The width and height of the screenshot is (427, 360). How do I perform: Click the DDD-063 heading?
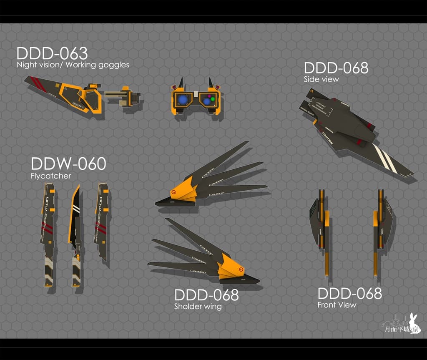click(x=52, y=54)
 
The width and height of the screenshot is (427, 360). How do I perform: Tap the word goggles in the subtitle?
click(x=113, y=65)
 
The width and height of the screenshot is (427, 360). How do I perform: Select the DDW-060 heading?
click(x=68, y=164)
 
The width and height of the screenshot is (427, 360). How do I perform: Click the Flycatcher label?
click(x=51, y=176)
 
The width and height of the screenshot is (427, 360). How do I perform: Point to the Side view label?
click(x=321, y=79)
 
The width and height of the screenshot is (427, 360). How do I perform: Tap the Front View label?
click(x=337, y=305)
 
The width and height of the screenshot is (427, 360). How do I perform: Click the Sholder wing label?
click(x=198, y=307)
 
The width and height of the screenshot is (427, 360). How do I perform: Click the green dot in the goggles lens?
click(x=212, y=99)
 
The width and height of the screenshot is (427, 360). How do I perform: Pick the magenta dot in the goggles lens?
click(x=209, y=96)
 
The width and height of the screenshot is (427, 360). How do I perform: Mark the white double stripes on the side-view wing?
click(x=385, y=159)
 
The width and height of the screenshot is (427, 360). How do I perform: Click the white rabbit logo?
click(x=414, y=323)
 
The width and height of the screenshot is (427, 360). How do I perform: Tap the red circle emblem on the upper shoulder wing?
click(x=174, y=192)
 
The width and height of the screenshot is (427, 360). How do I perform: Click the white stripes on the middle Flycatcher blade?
click(x=75, y=209)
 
